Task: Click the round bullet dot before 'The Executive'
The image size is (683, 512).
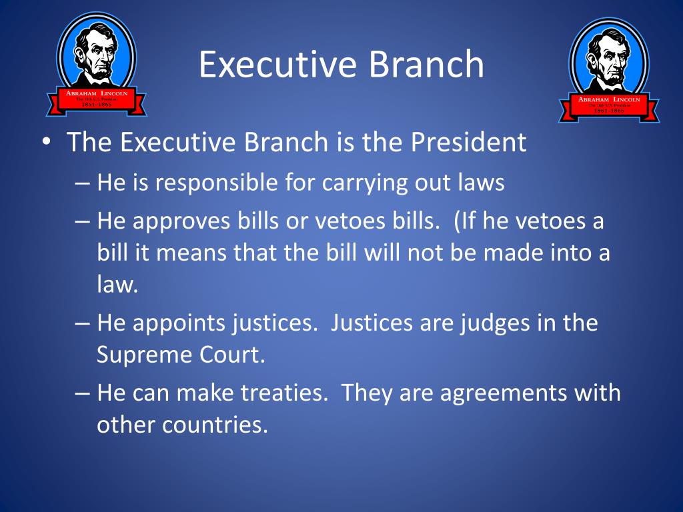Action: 45,143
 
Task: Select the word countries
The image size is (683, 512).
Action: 214,425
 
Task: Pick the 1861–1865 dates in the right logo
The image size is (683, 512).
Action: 609,111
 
